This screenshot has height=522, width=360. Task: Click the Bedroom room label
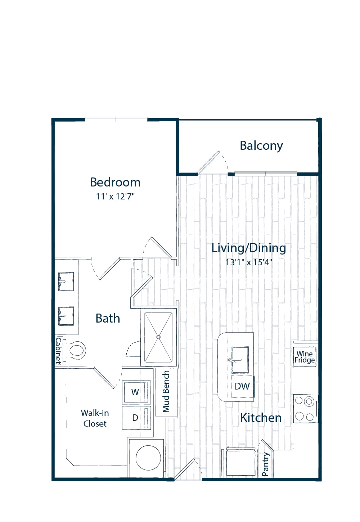[115, 182]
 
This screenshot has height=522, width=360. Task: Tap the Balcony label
[261, 146]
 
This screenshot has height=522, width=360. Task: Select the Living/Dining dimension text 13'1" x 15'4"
[249, 263]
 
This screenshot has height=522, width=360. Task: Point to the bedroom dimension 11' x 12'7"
[115, 197]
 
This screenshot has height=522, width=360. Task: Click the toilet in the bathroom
[74, 350]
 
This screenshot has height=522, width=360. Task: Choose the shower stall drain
[158, 337]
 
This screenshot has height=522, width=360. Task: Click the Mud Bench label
[166, 392]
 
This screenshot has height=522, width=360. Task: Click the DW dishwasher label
[242, 386]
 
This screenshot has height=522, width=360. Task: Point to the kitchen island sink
[240, 360]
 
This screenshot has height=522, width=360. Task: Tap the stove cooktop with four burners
[306, 408]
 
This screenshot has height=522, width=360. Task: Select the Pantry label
[266, 464]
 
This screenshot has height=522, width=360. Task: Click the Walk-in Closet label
[95, 418]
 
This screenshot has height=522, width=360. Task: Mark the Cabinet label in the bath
[58, 351]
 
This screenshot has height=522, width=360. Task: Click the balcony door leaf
[208, 163]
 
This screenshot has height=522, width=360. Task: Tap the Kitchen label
[261, 418]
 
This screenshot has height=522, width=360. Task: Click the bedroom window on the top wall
[116, 120]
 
